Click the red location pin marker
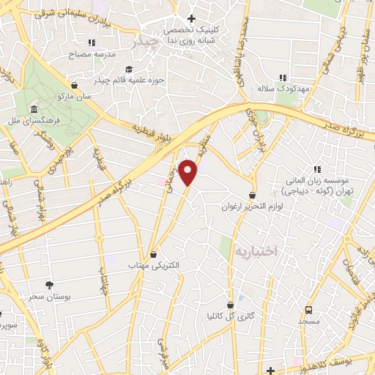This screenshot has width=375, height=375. tap(189, 173)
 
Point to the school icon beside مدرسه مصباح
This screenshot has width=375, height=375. tap(92, 42)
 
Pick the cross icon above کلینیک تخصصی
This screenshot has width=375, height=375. tap(191, 18)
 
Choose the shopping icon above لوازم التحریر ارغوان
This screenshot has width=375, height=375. tap(253, 196)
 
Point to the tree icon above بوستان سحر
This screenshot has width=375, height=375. tap(49, 284)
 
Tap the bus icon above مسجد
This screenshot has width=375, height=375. tap(308, 311)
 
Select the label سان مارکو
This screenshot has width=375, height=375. tap(77, 95)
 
